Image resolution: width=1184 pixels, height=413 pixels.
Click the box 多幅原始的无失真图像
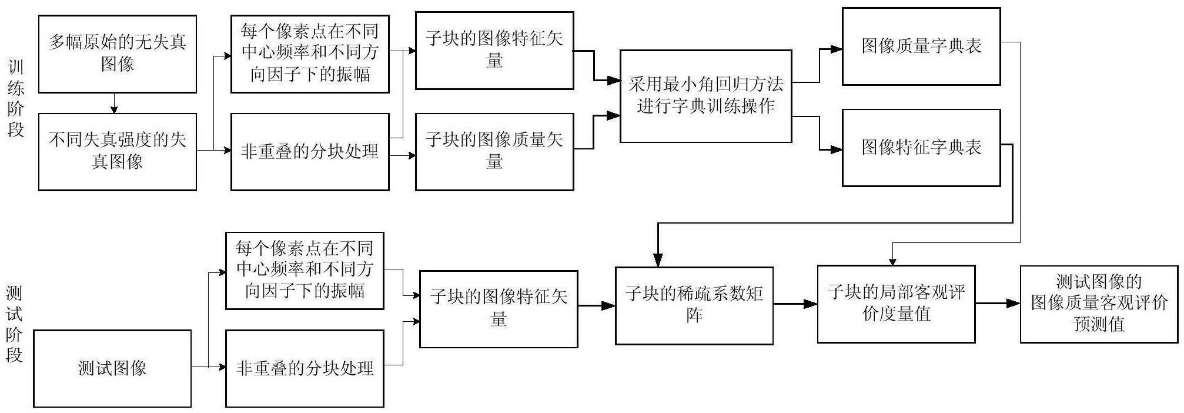(x=118, y=54)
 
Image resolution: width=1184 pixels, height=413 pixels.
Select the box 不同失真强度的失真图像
(x=118, y=152)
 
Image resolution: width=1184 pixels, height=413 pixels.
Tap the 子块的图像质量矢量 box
(x=494, y=152)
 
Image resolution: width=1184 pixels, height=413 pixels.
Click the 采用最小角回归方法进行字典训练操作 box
(x=705, y=96)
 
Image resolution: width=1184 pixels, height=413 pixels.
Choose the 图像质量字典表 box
(x=921, y=46)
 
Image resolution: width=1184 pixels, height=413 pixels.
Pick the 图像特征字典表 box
(x=921, y=148)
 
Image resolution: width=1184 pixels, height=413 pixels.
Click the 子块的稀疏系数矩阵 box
(x=694, y=305)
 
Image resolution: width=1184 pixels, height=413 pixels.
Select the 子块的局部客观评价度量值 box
(x=896, y=304)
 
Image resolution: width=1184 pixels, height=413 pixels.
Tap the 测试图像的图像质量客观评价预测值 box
(x=1099, y=304)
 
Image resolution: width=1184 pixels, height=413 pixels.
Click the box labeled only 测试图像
(x=112, y=368)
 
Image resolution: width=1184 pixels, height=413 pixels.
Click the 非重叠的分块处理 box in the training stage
(x=310, y=152)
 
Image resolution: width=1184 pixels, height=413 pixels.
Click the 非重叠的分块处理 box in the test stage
(x=305, y=368)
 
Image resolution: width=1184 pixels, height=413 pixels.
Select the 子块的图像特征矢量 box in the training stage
(x=494, y=51)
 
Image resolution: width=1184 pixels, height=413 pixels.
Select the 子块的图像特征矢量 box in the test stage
(x=499, y=309)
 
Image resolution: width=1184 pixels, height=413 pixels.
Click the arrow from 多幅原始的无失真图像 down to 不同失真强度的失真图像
(x=114, y=103)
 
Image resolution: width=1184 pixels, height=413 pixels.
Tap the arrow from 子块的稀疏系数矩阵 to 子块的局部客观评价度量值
(x=795, y=304)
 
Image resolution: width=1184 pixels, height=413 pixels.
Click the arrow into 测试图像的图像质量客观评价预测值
(x=998, y=304)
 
